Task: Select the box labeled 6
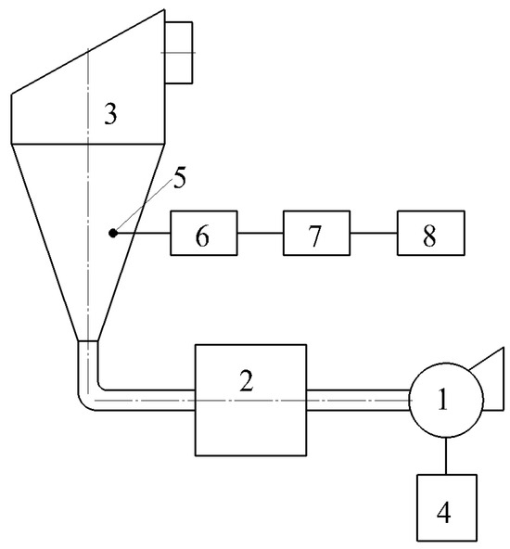pos(203,233)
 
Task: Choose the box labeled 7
pos(316,233)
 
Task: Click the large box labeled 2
pos(250,399)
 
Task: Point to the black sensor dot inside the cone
pos(111,233)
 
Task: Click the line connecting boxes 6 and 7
pos(261,233)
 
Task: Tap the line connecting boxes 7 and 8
pos(374,233)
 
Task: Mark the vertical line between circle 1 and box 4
pos(446,454)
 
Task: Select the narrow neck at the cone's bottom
pos(87,352)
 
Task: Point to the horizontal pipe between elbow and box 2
pos(148,400)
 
